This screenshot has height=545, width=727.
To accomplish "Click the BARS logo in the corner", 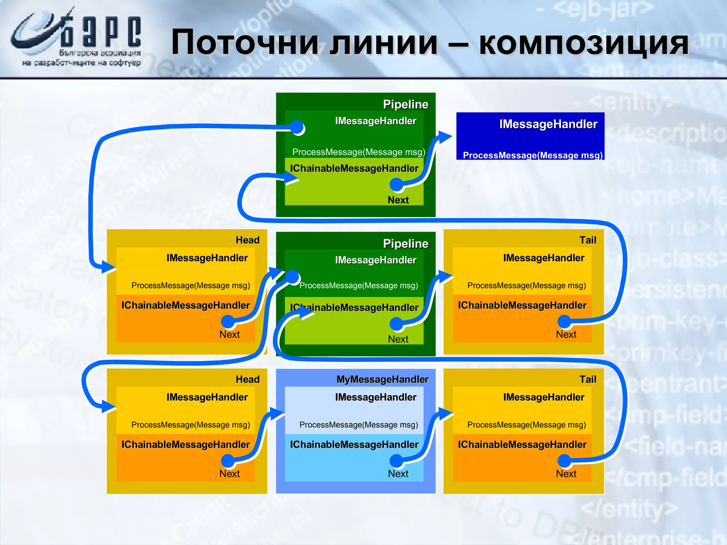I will [x=76, y=37].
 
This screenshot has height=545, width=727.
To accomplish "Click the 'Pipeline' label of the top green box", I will [x=405, y=104].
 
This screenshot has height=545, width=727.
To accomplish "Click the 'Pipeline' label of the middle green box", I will [x=405, y=243].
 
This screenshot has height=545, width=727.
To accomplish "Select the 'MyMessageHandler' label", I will [x=382, y=379].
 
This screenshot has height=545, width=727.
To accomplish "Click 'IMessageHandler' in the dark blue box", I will [x=548, y=124].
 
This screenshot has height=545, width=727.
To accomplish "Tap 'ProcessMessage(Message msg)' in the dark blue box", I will [x=532, y=155].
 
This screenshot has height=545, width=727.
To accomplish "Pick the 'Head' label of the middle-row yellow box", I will [x=247, y=240].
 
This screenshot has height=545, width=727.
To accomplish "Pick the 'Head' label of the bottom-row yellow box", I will [x=247, y=379].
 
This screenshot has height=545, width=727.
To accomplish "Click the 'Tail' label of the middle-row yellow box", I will [x=587, y=240].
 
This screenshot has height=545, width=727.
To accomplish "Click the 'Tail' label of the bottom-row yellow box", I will [x=587, y=379].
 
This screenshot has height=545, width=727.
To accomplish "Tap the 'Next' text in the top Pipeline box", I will [x=398, y=200].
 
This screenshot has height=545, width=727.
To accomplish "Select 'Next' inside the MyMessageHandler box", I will [x=398, y=474].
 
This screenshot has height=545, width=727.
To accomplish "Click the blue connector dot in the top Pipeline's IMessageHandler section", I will [x=297, y=127].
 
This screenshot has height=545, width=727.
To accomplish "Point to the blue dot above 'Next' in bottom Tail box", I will [x=564, y=461].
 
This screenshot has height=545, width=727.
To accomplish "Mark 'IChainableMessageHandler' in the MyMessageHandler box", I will [x=354, y=445].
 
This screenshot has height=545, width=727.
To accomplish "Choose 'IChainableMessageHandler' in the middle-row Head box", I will [x=185, y=305].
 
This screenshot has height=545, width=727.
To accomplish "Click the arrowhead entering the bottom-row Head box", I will [x=108, y=407].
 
